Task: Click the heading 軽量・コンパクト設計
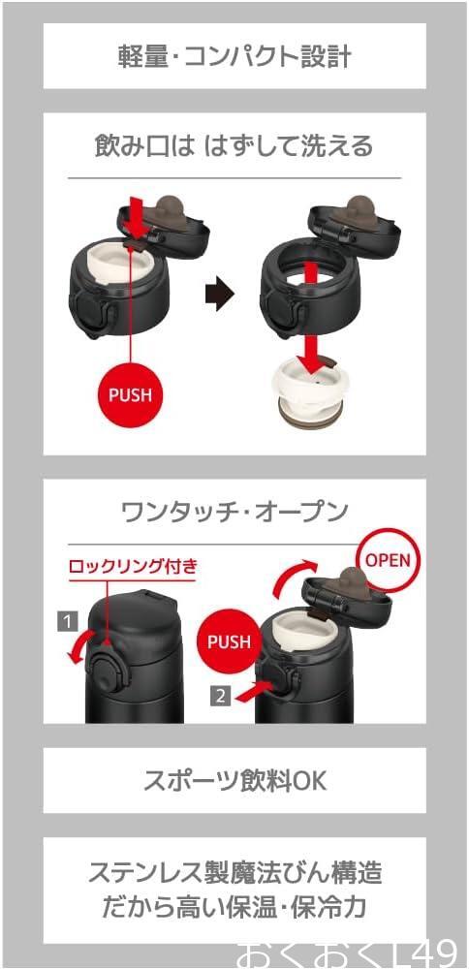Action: coord(234,57)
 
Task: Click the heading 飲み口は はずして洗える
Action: coord(234,146)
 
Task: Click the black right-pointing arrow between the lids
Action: coord(219,295)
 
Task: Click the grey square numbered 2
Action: coord(221,697)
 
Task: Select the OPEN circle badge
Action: coord(388,559)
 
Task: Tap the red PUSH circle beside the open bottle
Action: coord(229,641)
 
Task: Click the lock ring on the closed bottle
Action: coord(105,672)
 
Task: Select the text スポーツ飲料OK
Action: coord(234,781)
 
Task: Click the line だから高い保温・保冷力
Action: coord(234,907)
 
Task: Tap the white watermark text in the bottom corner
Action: coord(347,954)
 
